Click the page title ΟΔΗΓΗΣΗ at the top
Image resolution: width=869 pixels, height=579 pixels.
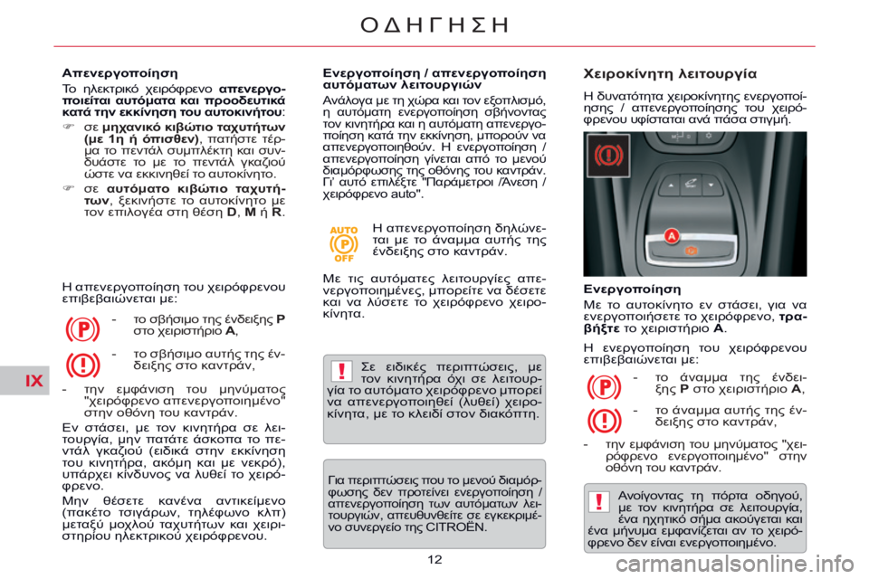coord(434,24)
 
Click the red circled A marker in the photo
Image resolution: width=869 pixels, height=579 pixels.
coord(672,236)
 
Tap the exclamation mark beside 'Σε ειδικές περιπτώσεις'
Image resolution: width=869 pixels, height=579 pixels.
coord(340,373)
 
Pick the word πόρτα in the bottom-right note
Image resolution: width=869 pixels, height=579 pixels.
coord(732,494)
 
